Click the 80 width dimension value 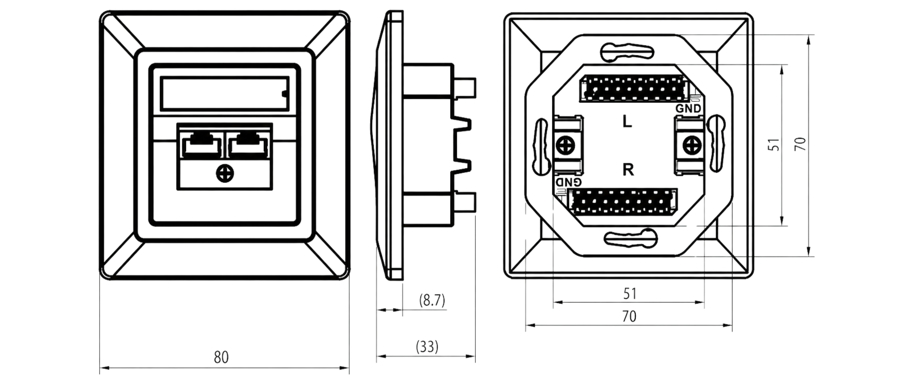[x=221, y=357]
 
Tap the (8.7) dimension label [x=432, y=300]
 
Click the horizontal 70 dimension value [x=629, y=316]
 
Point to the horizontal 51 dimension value [x=630, y=294]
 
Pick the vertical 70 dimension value [x=801, y=144]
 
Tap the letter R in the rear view [x=628, y=170]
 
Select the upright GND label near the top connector [x=688, y=108]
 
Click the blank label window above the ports [x=225, y=93]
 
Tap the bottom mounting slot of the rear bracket [x=631, y=238]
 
